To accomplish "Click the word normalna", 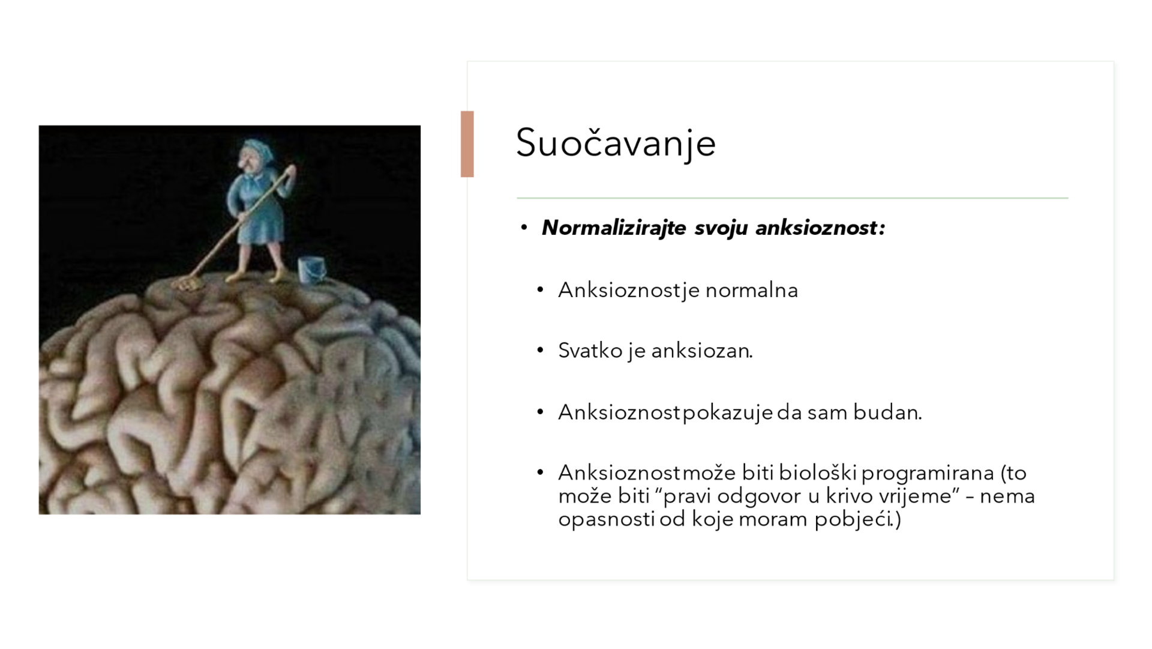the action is [752, 290].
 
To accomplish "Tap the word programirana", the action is [928, 474].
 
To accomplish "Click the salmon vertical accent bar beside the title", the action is [467, 144].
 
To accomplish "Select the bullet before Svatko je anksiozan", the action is [541, 350].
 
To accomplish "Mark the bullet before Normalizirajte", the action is [524, 228].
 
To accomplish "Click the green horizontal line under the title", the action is [793, 198].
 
